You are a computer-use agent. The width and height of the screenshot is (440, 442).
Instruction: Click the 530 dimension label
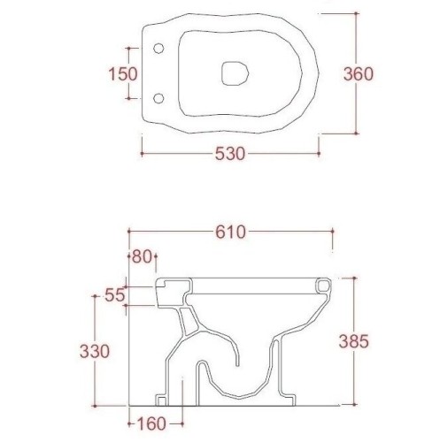pos(230,154)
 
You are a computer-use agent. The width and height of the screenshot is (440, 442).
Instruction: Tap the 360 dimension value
pos(359,73)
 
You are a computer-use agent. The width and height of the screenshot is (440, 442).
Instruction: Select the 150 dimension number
pos(123,73)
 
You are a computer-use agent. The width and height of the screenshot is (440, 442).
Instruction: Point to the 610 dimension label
pos(230,232)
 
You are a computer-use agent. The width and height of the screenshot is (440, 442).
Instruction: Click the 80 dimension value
pos(142,256)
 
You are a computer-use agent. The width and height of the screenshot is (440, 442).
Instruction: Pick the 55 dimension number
pos(114,295)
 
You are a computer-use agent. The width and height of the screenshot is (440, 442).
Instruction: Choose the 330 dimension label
pos(95,351)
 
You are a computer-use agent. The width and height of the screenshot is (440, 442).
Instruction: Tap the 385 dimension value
pos(353,341)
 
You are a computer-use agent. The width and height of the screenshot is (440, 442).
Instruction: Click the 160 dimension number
pos(151,424)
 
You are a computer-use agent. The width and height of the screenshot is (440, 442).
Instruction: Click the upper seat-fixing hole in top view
pos(158,49)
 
